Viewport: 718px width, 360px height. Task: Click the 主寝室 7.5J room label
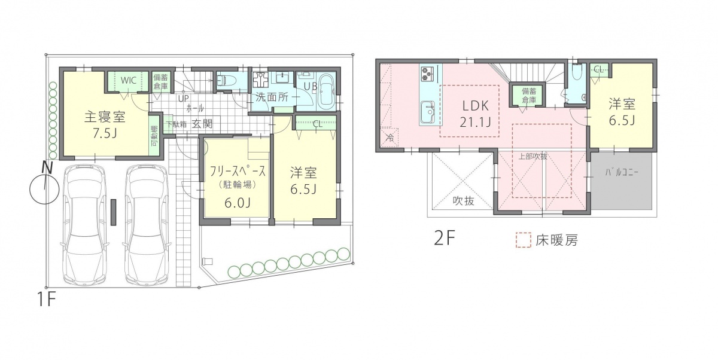(x=105, y=125)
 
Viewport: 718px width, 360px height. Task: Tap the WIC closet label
(x=129, y=80)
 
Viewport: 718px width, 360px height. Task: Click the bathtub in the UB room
(x=326, y=91)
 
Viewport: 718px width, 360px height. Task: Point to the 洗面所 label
(x=272, y=97)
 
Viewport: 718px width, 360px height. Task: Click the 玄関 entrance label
(x=202, y=124)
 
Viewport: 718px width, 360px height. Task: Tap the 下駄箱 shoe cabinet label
(x=177, y=124)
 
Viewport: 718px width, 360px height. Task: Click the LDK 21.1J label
(x=474, y=114)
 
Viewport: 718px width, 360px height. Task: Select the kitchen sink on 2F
(x=427, y=112)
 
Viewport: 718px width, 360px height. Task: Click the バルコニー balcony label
(x=622, y=172)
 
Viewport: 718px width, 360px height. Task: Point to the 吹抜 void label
(x=463, y=201)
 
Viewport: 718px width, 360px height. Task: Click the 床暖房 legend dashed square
(x=524, y=240)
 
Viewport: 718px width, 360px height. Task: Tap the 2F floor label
(x=445, y=238)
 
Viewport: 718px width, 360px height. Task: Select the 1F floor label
(x=47, y=300)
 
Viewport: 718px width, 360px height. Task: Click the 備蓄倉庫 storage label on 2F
(x=529, y=95)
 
